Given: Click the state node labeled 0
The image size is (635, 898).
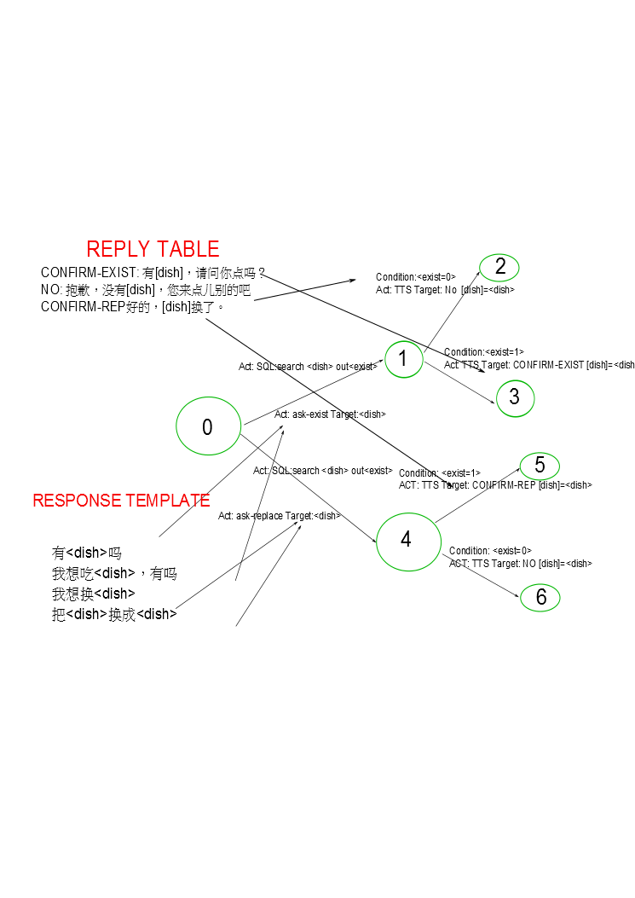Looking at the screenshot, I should [207, 427].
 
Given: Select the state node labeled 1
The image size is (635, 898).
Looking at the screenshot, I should [403, 359].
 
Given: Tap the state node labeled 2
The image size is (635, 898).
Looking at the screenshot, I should [499, 267].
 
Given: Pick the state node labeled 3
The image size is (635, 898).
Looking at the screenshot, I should [514, 397].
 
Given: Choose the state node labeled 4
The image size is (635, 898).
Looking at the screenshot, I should [406, 540].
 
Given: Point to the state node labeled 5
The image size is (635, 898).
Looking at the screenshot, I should [540, 466].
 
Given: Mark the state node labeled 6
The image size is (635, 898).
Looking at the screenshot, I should [540, 598].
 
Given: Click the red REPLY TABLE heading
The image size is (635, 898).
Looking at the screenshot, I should [153, 249].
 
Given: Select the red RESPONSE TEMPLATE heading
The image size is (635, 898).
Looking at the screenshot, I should [121, 501].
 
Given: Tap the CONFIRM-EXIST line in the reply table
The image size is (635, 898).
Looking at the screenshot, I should [153, 273].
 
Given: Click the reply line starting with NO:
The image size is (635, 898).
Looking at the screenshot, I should [145, 290].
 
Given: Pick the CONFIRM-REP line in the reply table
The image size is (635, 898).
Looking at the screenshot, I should [132, 307].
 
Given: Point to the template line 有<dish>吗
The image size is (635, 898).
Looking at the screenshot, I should [87, 553].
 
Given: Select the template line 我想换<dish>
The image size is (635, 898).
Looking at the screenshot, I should [94, 594].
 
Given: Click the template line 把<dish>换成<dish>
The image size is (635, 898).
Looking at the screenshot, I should [114, 614].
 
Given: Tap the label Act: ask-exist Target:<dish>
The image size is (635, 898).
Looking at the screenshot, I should [330, 414].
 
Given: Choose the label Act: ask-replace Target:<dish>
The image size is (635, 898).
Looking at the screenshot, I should [280, 516].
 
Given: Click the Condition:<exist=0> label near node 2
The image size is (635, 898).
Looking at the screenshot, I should [416, 277].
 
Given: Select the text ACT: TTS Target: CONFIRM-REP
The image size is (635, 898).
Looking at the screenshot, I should [495, 485].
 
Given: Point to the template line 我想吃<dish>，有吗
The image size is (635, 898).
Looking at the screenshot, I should [114, 573].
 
